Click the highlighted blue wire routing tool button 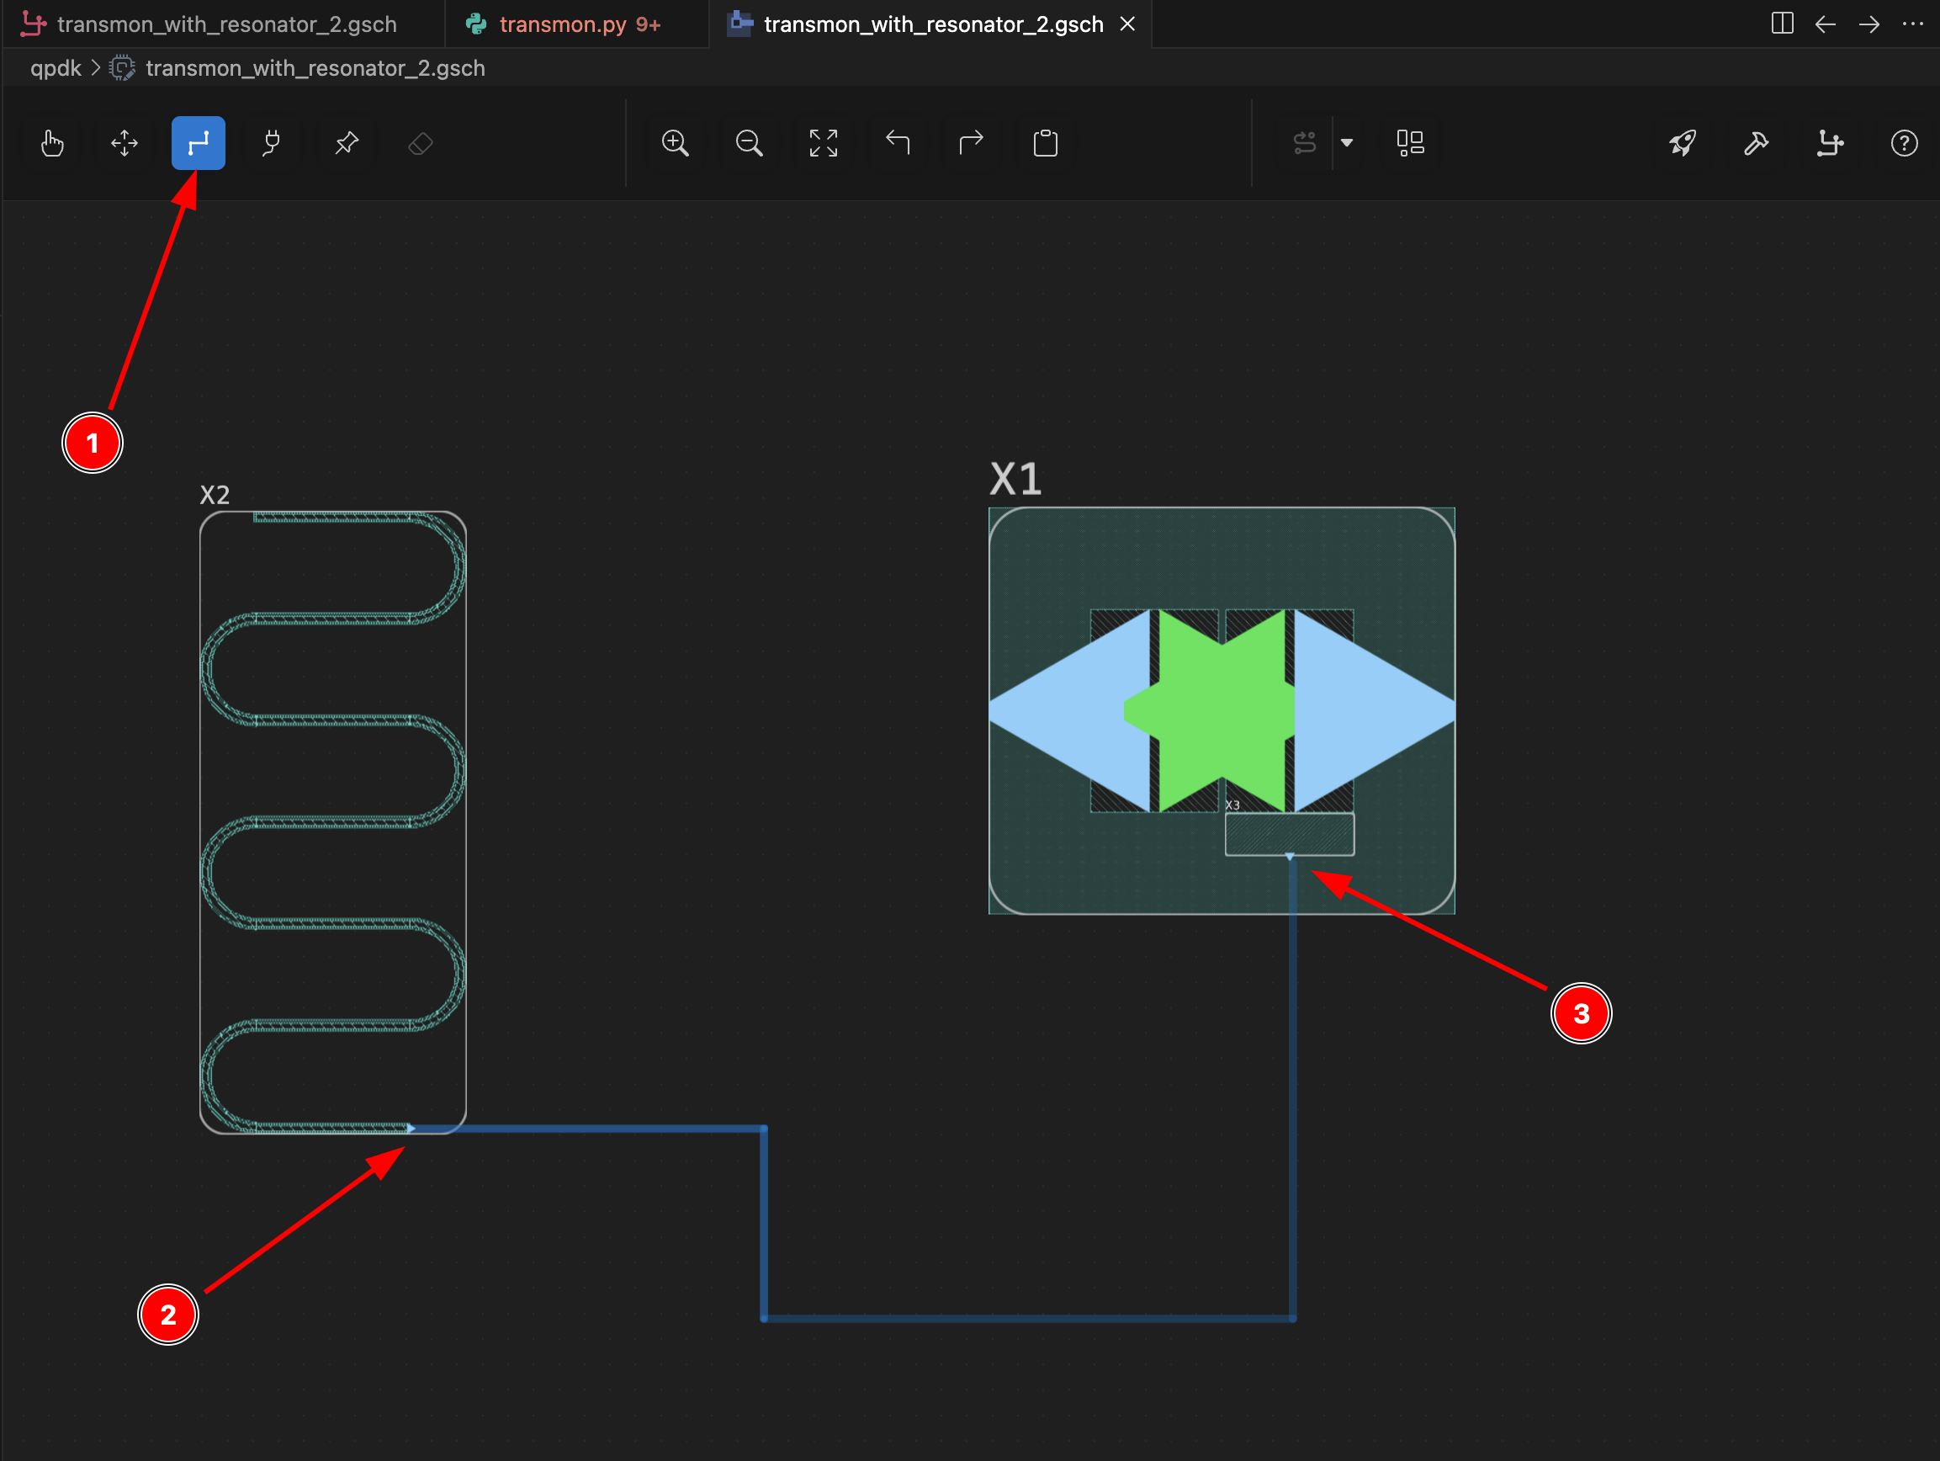point(199,142)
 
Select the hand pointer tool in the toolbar point(52,142)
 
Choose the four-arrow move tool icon point(125,142)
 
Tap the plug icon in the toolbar point(272,142)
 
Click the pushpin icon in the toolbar point(347,142)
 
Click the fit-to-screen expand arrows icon point(823,142)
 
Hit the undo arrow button point(897,141)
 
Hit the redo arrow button point(971,141)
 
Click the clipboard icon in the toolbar point(1046,142)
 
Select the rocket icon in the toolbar point(1683,142)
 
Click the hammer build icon point(1756,142)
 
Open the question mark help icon point(1904,142)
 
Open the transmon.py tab point(562,24)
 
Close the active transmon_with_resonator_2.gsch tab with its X point(1128,24)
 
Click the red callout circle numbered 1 point(92,444)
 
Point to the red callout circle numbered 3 point(1582,1013)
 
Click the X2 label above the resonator point(215,495)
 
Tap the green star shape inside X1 point(1211,711)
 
